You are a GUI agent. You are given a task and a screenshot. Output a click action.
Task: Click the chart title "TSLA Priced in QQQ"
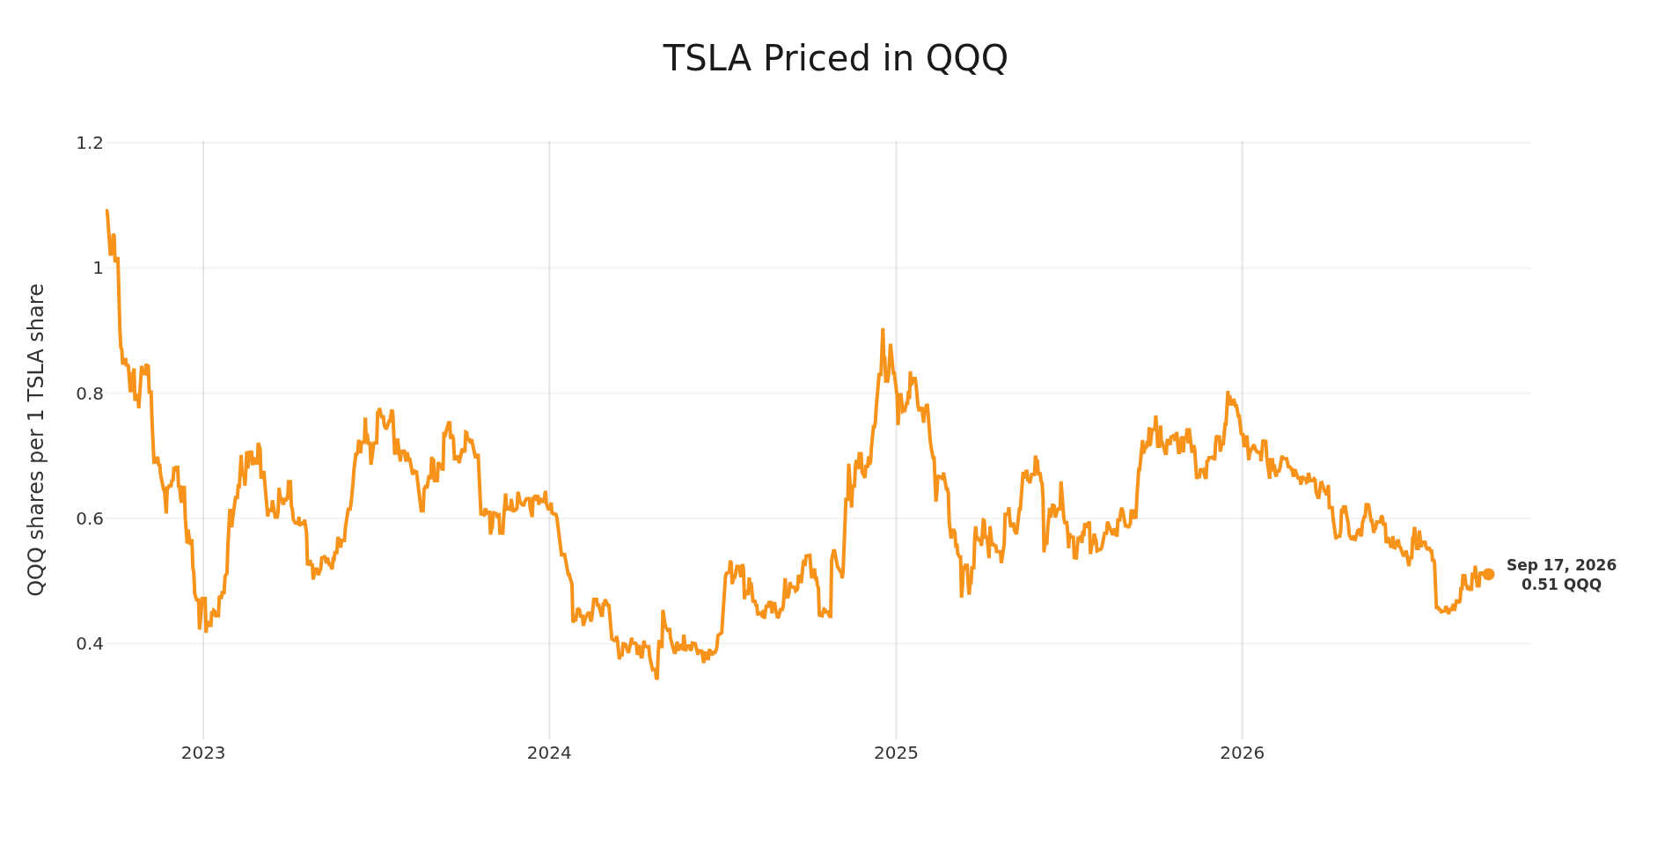835,59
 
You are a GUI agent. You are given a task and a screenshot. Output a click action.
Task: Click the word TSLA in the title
708,59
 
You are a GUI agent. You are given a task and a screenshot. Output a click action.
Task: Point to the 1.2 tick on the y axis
91,143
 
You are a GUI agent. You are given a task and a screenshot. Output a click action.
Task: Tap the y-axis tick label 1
99,268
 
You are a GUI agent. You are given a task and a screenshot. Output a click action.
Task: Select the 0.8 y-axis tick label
91,393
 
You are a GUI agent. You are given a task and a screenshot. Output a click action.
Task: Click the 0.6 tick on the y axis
91,518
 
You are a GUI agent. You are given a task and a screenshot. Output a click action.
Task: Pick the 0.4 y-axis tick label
91,643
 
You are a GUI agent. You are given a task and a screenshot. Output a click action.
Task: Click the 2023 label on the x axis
203,753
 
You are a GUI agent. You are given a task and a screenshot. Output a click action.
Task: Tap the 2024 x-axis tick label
549,753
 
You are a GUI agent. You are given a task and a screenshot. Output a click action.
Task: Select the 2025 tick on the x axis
896,753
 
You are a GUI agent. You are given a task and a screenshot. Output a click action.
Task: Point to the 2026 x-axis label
1242,753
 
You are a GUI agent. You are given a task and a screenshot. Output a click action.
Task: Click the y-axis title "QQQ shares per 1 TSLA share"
36,439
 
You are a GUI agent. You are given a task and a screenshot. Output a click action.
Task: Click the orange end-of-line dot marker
1488,574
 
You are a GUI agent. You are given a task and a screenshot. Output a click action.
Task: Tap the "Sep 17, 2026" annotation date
1561,566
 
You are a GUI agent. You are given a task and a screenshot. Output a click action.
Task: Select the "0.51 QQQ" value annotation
1561,584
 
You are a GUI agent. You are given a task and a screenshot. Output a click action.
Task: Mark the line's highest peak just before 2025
883,330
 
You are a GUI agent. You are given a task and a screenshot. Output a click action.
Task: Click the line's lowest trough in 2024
656,678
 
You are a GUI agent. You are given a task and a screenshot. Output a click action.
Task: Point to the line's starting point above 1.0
107,210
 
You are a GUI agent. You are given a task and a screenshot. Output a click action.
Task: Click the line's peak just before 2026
1228,393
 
